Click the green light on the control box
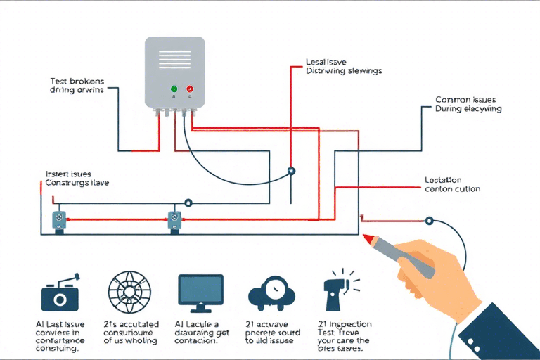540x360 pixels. (174, 89)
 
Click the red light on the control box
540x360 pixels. (190, 89)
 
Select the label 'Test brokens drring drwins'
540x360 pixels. (77, 86)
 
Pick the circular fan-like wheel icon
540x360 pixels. (129, 291)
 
